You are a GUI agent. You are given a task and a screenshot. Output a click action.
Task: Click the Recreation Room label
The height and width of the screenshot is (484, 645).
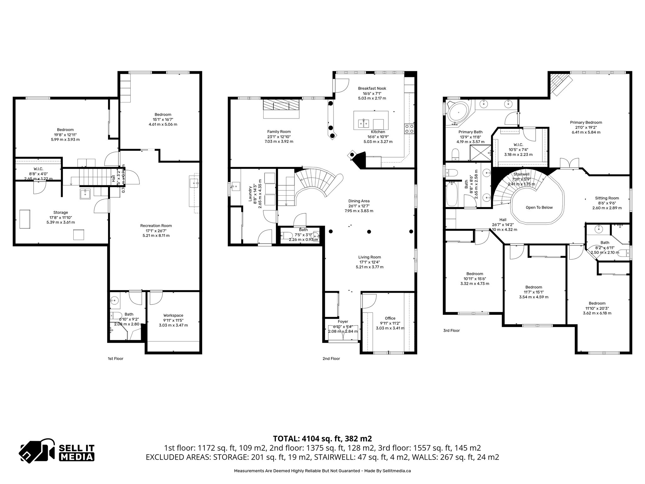pos(156,226)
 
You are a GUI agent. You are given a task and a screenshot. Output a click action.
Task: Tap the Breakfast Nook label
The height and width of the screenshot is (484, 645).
pos(372,89)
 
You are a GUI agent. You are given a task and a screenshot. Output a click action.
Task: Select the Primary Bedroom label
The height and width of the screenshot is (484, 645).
pos(586,123)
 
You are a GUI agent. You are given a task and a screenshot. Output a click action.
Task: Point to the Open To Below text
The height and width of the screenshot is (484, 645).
pos(539,207)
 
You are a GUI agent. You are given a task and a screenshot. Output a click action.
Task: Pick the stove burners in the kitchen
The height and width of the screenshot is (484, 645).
pos(409,129)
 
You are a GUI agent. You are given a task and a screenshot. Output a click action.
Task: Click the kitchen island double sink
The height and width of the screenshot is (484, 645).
pos(363,123)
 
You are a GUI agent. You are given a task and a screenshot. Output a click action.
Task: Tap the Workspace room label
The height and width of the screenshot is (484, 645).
pos(173,315)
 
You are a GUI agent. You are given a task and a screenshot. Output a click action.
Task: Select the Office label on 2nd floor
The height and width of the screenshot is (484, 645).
pos(390,318)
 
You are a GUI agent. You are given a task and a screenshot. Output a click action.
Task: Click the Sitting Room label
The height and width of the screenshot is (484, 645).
pos(607,198)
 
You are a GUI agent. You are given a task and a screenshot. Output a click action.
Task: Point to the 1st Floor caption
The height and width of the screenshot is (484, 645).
pos(116,359)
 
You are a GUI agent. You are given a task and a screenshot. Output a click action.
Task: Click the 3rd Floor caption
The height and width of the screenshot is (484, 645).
pos(451,331)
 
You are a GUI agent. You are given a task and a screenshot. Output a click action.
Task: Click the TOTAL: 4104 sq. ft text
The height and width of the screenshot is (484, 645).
pos(322,439)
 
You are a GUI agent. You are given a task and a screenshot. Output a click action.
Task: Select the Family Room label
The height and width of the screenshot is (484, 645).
pos(279,132)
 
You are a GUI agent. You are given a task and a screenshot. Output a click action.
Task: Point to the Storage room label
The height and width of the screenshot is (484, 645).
pos(60,213)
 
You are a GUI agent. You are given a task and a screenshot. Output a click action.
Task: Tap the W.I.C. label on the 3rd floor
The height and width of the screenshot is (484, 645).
pos(518,145)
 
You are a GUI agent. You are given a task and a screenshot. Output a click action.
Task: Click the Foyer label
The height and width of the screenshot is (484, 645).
pos(343,322)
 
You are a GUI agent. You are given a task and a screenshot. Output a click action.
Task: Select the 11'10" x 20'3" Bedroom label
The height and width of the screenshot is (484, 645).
pos(597,303)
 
